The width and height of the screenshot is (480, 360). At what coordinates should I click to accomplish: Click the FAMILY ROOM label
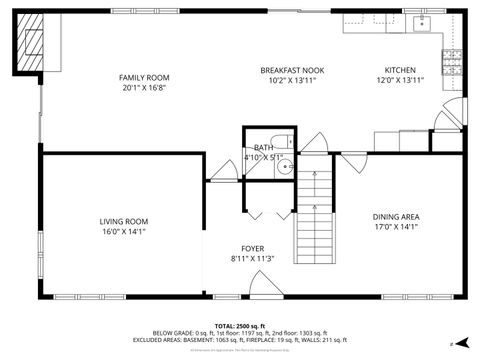click(x=144, y=77)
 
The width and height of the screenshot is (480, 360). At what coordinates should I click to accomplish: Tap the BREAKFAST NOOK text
click(x=291, y=70)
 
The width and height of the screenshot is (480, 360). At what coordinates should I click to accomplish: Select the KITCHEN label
click(x=400, y=70)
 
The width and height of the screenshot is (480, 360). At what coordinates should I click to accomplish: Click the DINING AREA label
click(x=396, y=217)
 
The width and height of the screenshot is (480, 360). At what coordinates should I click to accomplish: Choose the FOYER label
click(x=252, y=248)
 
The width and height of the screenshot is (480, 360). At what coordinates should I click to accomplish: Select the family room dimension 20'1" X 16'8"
click(x=144, y=87)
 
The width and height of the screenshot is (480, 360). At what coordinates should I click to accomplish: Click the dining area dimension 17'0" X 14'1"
click(x=396, y=227)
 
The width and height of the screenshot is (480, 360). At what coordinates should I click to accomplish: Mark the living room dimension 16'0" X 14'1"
click(x=123, y=231)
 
